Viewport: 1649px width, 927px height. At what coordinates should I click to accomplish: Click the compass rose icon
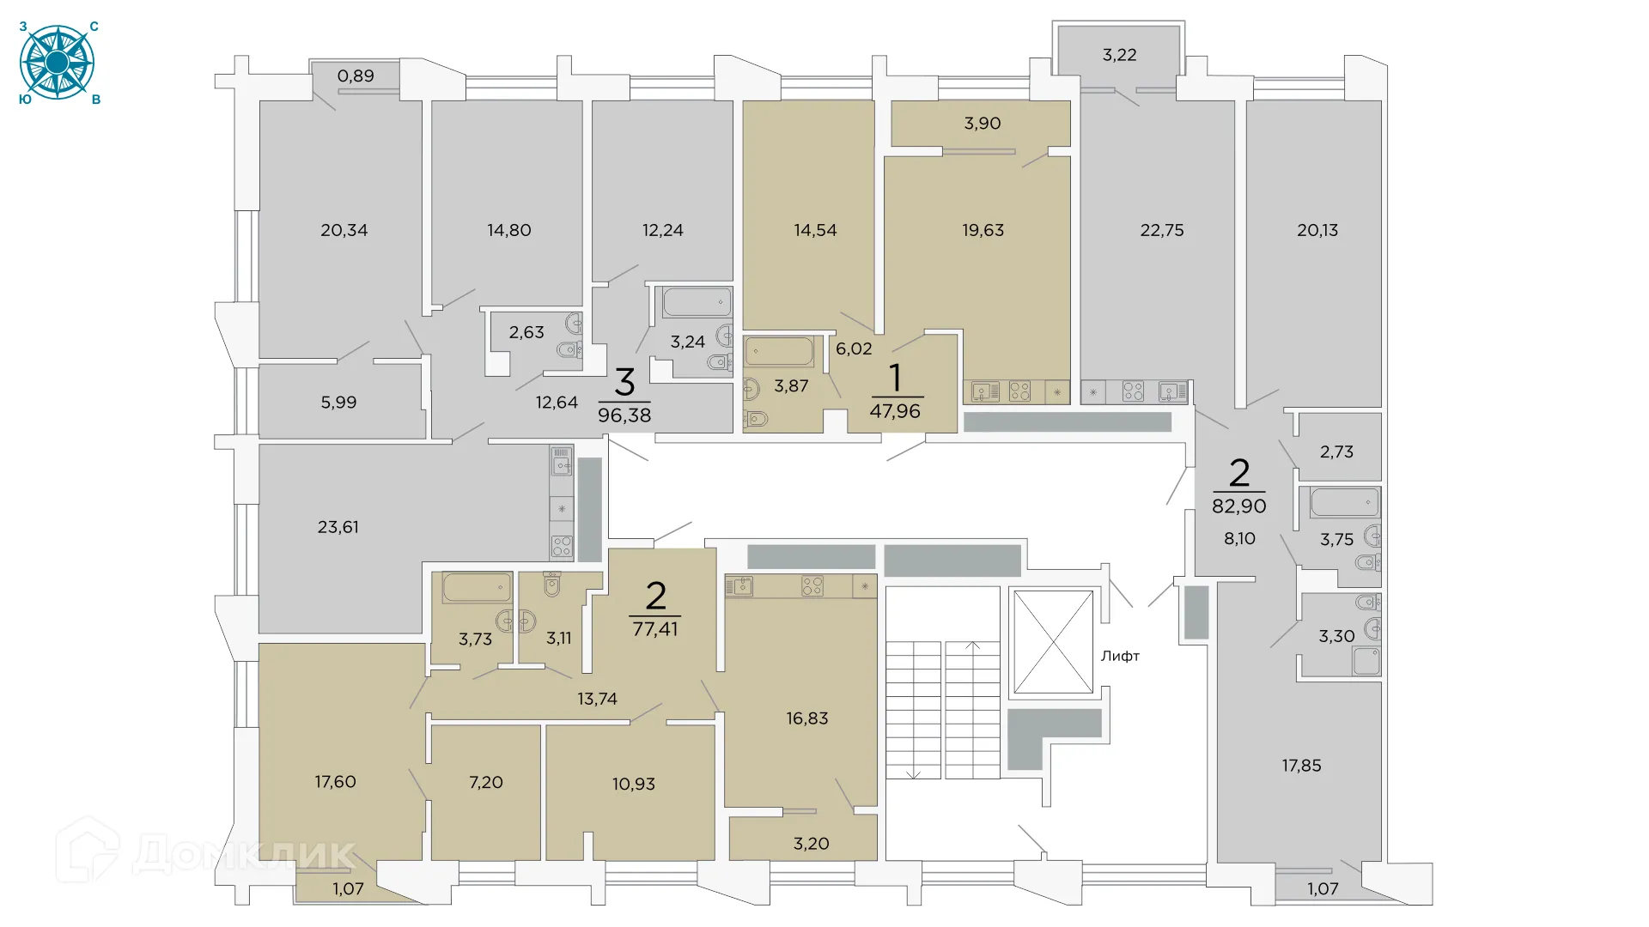point(57,63)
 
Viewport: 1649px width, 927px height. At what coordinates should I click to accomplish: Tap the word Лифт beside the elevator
point(1120,656)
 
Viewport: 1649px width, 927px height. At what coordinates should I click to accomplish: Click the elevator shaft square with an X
point(1053,642)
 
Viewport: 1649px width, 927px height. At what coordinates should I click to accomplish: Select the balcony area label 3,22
point(1119,55)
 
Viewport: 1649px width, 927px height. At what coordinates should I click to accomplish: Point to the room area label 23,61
point(338,527)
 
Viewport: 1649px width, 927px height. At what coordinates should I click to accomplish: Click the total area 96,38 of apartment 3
point(624,415)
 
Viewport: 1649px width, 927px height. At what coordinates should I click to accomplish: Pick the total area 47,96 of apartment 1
point(895,411)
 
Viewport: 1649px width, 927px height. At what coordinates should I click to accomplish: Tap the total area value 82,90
point(1238,506)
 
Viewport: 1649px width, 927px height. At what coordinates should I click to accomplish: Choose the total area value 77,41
point(655,629)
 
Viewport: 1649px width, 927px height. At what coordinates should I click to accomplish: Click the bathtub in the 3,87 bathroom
point(779,352)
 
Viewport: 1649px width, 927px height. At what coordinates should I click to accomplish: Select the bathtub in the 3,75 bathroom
point(1344,502)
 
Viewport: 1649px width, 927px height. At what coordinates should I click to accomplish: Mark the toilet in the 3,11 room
point(552,585)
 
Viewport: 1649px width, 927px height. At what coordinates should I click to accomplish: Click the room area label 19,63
point(983,230)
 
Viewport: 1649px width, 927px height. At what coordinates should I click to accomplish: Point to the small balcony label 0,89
point(356,76)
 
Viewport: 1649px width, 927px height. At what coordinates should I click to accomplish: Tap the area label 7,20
point(486,782)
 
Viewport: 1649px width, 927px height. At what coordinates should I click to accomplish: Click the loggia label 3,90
point(982,124)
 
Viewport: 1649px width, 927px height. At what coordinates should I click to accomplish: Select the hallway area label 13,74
point(597,699)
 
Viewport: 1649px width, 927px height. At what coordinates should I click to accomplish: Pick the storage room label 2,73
point(1336,451)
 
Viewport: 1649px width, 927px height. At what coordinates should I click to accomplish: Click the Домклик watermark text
point(244,854)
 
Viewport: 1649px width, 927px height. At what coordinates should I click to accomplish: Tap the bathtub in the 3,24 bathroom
point(697,302)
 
